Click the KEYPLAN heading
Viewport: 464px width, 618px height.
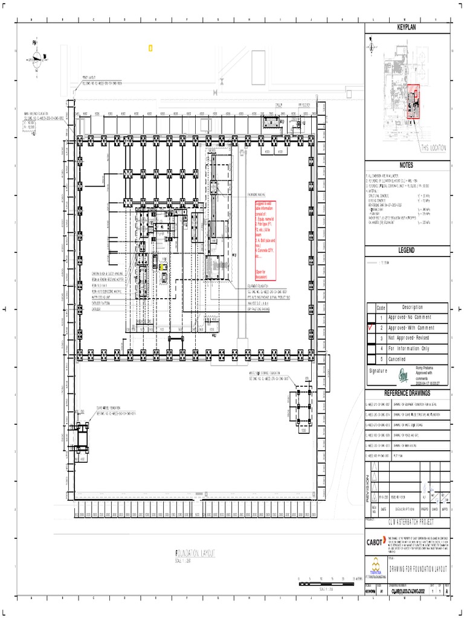point(407,28)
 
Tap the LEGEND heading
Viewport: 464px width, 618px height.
point(407,250)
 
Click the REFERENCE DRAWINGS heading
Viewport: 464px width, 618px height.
point(407,393)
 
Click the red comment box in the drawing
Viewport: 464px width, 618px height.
point(265,240)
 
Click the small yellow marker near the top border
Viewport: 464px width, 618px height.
point(150,48)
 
